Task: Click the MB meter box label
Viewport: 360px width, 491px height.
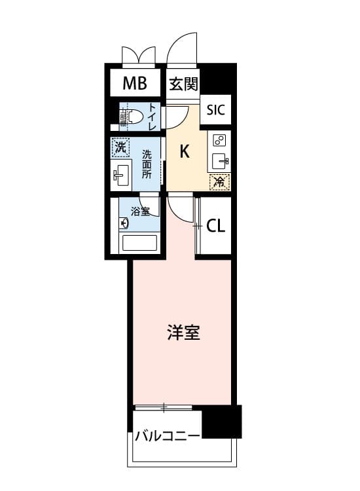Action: pos(135,83)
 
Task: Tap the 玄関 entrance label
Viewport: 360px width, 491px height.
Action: pos(183,84)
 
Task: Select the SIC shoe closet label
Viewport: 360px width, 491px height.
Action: pos(216,110)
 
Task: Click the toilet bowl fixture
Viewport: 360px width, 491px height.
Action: pos(131,116)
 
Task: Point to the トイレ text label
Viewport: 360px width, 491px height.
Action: pos(153,117)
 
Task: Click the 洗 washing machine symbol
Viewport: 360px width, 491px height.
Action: pos(120,147)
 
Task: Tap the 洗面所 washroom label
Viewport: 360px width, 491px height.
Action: pos(147,164)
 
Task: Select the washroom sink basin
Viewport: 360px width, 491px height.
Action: pos(121,175)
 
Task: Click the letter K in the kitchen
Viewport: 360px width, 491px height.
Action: pos(185,152)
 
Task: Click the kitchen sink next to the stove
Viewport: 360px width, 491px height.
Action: pos(221,161)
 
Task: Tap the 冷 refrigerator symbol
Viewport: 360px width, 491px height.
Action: pos(220,182)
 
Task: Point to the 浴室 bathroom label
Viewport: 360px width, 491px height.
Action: pos(140,211)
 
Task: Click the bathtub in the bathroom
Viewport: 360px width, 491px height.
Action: pos(139,243)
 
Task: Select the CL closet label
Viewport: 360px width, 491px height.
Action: pos(216,225)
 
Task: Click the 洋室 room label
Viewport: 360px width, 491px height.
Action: pos(183,332)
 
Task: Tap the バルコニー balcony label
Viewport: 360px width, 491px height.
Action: pos(167,435)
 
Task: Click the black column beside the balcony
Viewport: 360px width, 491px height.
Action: pos(222,422)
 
